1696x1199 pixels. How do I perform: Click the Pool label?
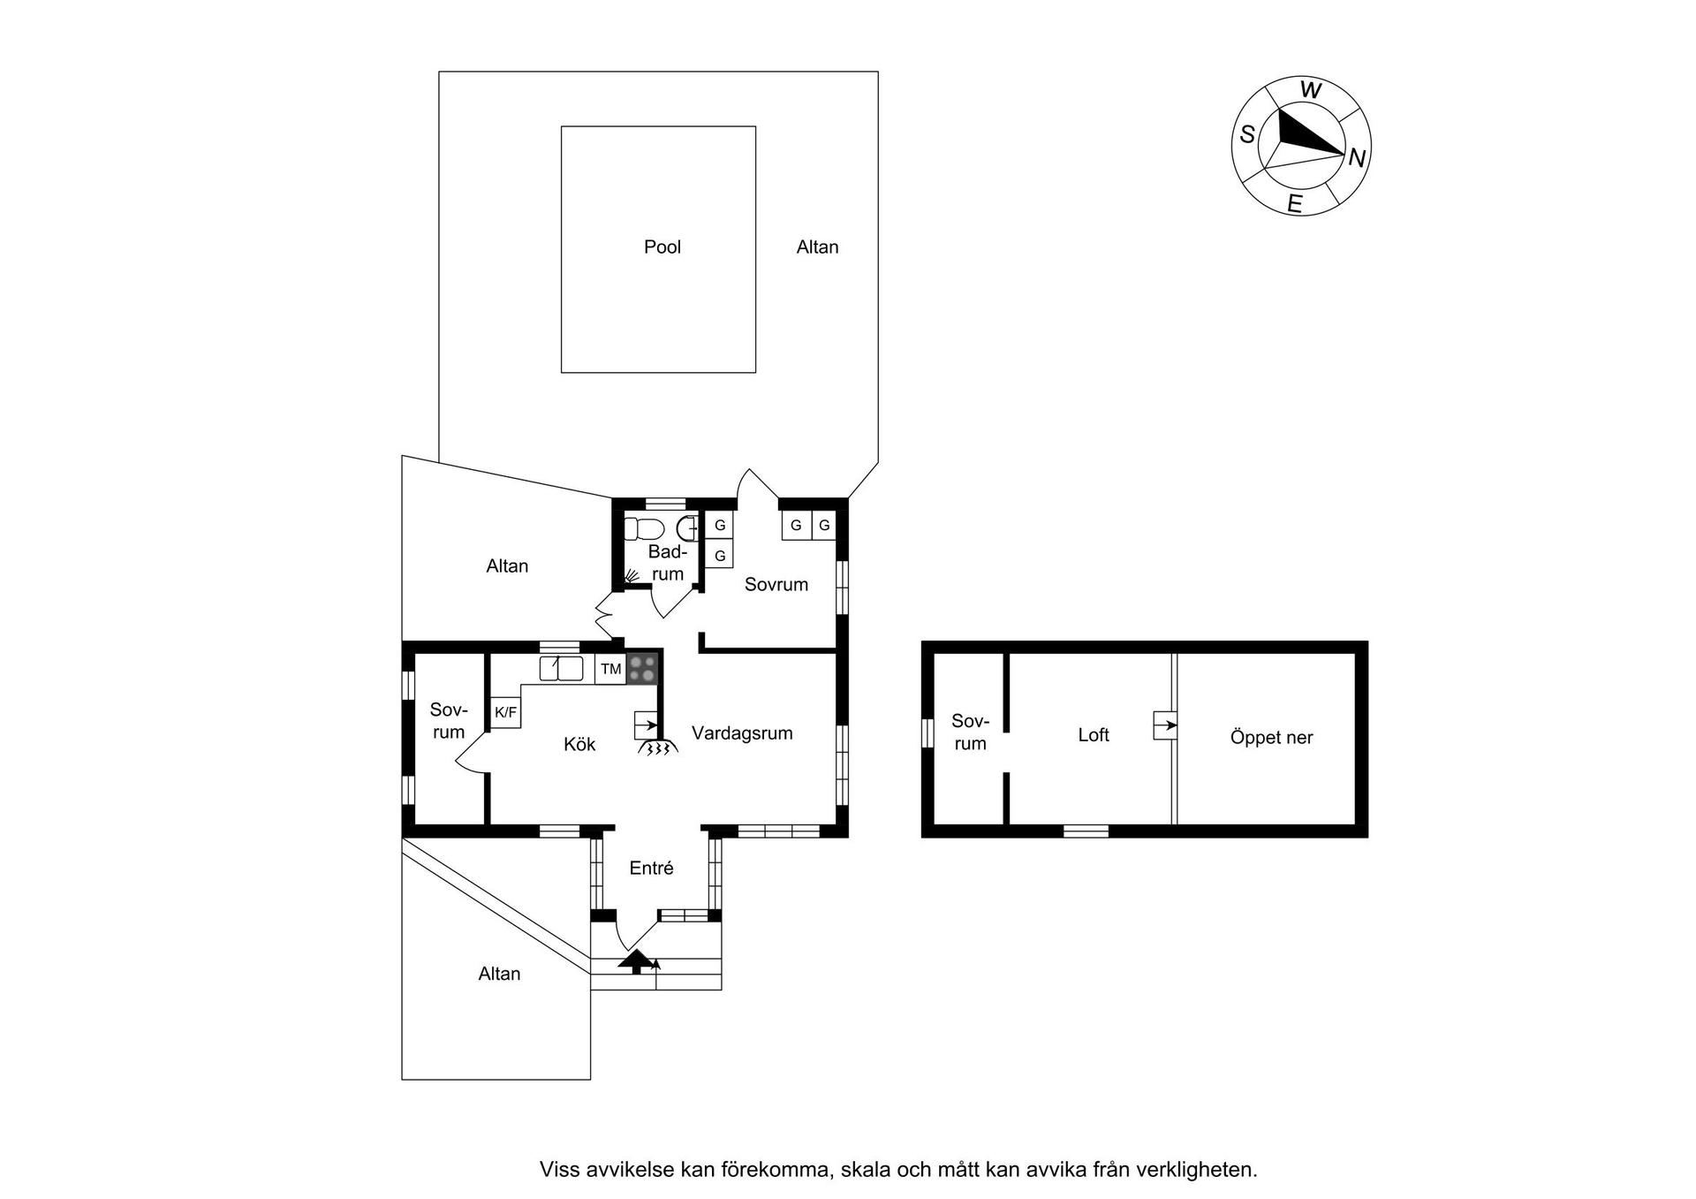click(x=662, y=247)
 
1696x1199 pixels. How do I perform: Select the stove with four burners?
click(x=643, y=668)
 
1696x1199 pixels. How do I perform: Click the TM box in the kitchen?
click(x=610, y=669)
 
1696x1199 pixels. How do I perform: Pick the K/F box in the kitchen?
click(x=505, y=712)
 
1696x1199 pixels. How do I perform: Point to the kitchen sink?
click(x=561, y=669)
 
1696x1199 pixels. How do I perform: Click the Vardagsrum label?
click(x=742, y=733)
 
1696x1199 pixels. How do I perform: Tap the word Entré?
click(x=651, y=869)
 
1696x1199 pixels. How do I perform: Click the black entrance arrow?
click(x=634, y=961)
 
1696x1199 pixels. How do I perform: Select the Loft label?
click(x=1094, y=735)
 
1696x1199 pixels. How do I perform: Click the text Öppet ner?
click(x=1271, y=738)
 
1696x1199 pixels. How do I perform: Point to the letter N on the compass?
click(x=1358, y=158)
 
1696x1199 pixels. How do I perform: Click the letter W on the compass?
click(x=1311, y=90)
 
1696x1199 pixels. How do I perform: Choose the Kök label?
click(x=579, y=745)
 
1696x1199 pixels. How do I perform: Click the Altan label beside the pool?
click(x=817, y=247)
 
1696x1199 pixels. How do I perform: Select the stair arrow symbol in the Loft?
click(x=1165, y=725)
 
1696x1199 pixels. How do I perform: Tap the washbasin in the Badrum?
click(x=688, y=529)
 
